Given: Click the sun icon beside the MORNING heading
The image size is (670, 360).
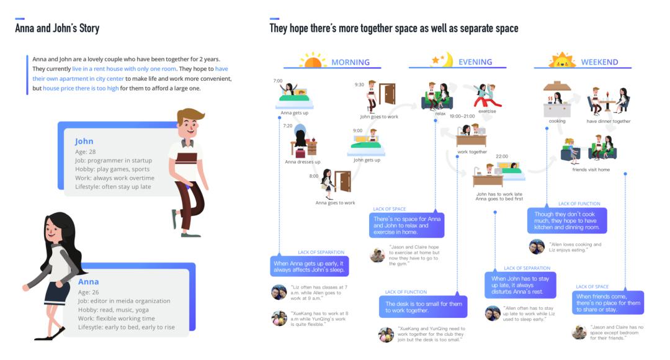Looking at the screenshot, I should coord(313,61).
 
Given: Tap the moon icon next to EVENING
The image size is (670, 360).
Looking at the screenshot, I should coord(442,60).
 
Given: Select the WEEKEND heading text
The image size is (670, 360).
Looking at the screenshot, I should coord(599,62).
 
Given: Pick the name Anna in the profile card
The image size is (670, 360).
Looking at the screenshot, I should coord(88,282).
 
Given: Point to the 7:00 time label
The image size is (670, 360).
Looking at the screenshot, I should coord(278,81).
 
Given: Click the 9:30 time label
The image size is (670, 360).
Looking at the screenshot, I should coord(359,84).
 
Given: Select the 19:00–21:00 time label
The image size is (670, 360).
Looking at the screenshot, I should coord(462,116).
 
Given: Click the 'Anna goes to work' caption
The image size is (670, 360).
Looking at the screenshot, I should coord(335,203).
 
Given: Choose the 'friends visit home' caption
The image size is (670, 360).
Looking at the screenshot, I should coord(591,169).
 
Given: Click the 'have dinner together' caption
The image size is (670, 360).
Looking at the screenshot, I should coord(609,121).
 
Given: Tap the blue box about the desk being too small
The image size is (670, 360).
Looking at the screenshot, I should coord(422,307).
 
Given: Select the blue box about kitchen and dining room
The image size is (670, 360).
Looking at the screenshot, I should coord(568,221).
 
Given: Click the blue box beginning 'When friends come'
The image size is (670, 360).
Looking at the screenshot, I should coord(608,302).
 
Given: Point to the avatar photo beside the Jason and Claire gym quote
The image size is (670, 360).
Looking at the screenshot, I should coord(377,254).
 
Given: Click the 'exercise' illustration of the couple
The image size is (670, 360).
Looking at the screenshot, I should coord(488,96).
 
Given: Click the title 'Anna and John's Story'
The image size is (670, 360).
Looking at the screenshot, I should coord(57,29).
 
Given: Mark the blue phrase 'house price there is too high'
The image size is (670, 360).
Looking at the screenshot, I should coord(81,88).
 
